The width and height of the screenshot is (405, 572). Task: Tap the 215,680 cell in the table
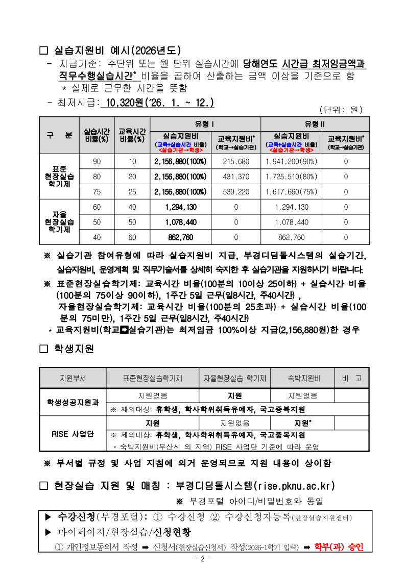(236, 161)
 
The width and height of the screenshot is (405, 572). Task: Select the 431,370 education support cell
(236, 177)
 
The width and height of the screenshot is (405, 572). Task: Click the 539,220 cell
(236, 192)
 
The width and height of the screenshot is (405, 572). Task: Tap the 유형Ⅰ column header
(205, 124)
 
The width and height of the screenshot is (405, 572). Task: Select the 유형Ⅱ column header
(315, 124)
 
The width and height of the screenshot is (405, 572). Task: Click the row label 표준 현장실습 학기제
(59, 177)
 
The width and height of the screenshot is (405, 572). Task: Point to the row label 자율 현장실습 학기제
(59, 222)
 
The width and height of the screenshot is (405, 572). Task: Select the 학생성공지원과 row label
(73, 403)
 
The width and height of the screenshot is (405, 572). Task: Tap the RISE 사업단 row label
(73, 434)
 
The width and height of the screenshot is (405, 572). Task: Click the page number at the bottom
(202, 559)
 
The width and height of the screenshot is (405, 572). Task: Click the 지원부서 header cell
(73, 379)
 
